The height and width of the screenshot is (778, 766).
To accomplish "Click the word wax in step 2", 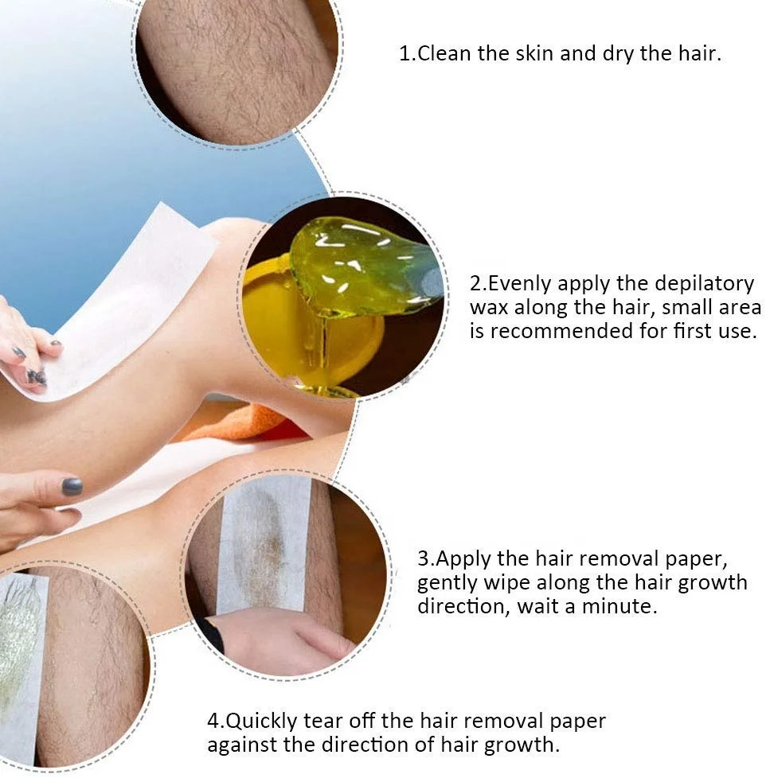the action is [489, 308].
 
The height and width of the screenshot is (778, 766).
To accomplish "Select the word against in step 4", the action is [242, 745].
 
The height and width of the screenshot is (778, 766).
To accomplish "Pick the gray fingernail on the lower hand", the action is [72, 487].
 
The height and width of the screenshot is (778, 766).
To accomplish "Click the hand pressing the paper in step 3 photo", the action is [278, 641].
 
